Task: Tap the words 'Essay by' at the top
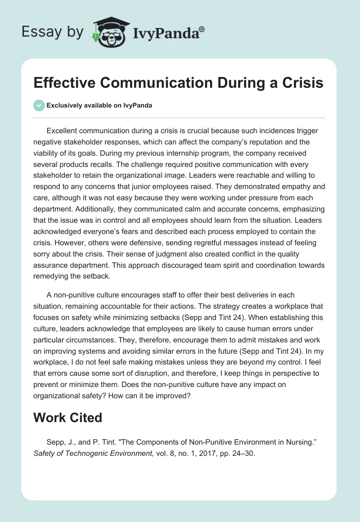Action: (x=53, y=32)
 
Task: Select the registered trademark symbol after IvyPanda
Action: (x=202, y=28)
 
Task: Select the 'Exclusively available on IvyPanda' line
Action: (x=99, y=105)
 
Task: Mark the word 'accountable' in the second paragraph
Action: (x=139, y=306)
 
